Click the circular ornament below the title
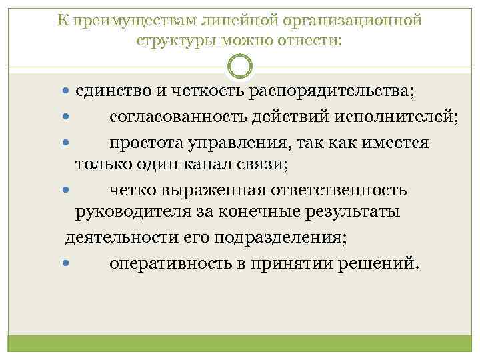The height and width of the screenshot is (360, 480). click(240, 67)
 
